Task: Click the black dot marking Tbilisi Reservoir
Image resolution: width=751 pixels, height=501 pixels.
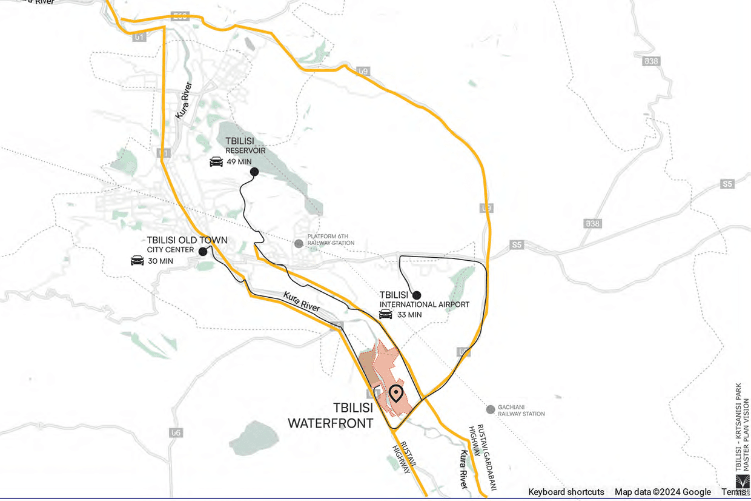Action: (254, 172)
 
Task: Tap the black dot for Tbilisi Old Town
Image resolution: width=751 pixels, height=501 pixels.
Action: (203, 250)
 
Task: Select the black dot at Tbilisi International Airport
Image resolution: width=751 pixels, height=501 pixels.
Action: (417, 295)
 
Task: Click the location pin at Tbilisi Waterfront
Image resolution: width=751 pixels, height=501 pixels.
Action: (396, 394)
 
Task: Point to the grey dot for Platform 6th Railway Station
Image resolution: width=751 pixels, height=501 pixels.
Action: (299, 243)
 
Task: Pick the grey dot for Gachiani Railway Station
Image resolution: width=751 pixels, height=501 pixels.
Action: (491, 409)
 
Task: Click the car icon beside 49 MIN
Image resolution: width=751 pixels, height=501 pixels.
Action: (216, 162)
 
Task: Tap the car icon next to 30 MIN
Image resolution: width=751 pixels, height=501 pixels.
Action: (137, 261)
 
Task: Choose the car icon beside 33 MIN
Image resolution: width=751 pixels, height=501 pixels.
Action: (385, 314)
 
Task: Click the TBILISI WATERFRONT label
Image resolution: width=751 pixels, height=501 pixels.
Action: (330, 415)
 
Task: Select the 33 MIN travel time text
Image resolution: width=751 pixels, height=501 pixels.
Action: (409, 315)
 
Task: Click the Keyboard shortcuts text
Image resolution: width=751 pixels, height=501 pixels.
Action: (566, 492)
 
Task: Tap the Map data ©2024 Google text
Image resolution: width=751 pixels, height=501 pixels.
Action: (663, 492)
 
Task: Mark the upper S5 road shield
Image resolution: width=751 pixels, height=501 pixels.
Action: (727, 184)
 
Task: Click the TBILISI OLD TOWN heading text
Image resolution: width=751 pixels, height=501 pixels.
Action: (187, 240)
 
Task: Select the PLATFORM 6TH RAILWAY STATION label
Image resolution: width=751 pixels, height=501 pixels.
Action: (331, 240)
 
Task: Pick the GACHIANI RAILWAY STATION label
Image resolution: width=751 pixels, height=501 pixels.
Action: (521, 410)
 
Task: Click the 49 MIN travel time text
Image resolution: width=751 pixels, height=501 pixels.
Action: (239, 162)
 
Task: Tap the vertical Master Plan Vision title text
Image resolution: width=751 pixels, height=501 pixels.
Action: (742, 428)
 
